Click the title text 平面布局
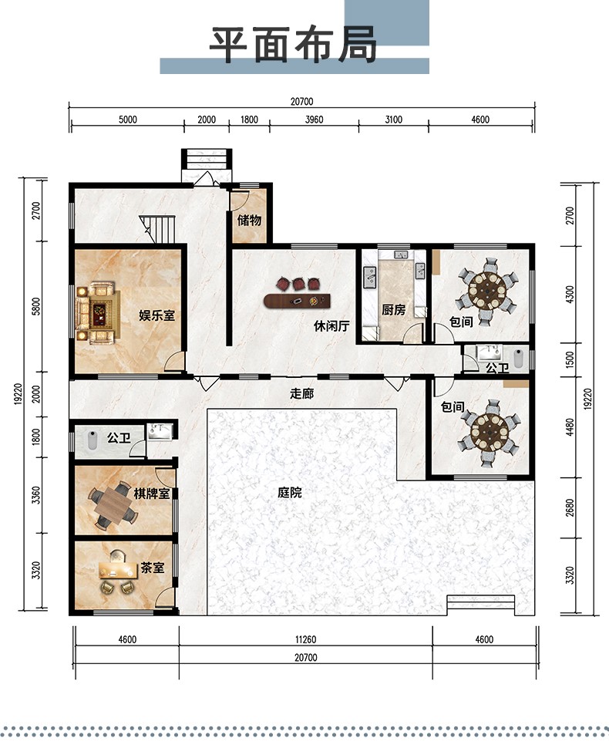(293, 45)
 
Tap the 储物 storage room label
(249, 220)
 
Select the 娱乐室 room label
(157, 315)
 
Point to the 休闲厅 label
(331, 326)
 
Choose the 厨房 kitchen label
(394, 309)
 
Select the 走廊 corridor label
(302, 393)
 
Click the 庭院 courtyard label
(290, 492)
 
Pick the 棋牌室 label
(152, 494)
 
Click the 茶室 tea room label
(153, 568)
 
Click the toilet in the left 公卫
(92, 440)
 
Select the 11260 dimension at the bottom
(306, 639)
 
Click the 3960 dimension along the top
(315, 120)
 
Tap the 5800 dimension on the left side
(36, 307)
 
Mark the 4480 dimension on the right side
(570, 427)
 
